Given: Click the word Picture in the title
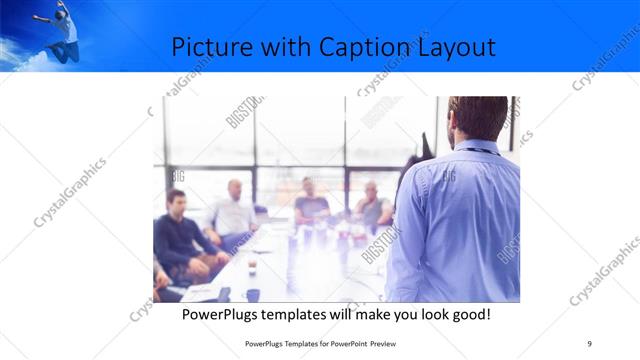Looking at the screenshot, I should coord(207,47).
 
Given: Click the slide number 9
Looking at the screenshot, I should coord(589,343).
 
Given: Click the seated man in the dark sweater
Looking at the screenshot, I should coord(177,235).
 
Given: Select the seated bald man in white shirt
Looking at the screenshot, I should coord(233,211).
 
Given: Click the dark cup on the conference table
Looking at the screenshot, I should coord(252,294).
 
